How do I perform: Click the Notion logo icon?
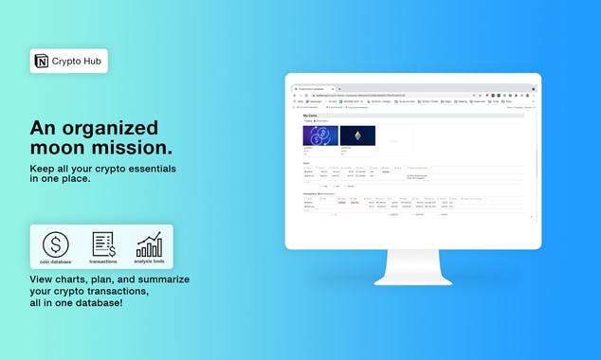pyautogui.click(x=42, y=62)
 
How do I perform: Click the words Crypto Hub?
pyautogui.click(x=77, y=62)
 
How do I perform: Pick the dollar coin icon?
pyautogui.click(x=56, y=244)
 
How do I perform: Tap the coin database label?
pyautogui.click(x=56, y=262)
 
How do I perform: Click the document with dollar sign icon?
pyautogui.click(x=103, y=244)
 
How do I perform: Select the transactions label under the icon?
pyautogui.click(x=103, y=262)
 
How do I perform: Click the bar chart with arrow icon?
pyautogui.click(x=149, y=244)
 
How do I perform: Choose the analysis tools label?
pyautogui.click(x=149, y=262)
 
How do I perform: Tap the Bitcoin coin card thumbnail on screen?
pyautogui.click(x=320, y=135)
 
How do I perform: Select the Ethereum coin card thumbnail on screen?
pyautogui.click(x=357, y=135)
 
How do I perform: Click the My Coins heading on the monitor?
pyautogui.click(x=310, y=116)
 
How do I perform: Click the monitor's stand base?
pyautogui.click(x=412, y=278)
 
